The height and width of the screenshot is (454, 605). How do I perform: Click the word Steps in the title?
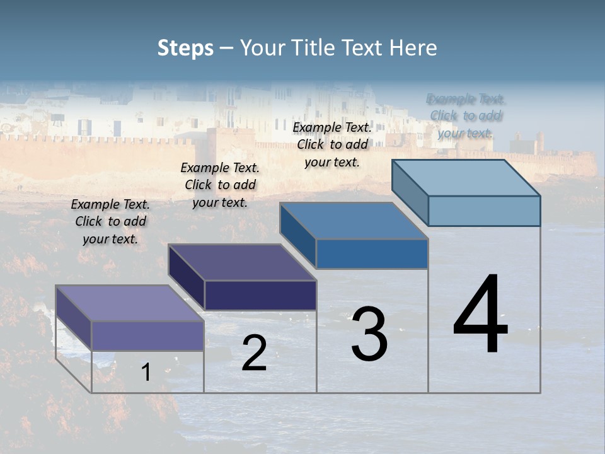185,48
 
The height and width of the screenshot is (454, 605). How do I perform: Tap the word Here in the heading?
413,48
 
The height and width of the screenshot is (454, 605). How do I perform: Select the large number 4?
481,315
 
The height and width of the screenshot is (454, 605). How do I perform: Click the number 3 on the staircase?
369,334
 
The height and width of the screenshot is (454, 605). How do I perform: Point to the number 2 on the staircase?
254,353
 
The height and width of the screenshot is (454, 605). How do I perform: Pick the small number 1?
146,373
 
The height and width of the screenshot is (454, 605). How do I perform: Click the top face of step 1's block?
129,303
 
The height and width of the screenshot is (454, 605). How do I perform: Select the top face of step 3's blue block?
354,221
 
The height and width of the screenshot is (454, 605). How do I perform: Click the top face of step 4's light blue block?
466,178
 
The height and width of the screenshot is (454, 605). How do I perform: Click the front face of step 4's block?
484,211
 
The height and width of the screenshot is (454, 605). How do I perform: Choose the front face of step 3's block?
372,253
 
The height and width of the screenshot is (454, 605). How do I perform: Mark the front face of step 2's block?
260,295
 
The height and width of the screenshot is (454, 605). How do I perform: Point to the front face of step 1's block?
147,335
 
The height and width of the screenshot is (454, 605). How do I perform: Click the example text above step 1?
110,222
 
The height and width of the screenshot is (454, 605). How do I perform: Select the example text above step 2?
220,185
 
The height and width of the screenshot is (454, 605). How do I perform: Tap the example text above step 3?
332,144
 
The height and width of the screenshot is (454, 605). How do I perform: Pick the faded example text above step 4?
466,116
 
